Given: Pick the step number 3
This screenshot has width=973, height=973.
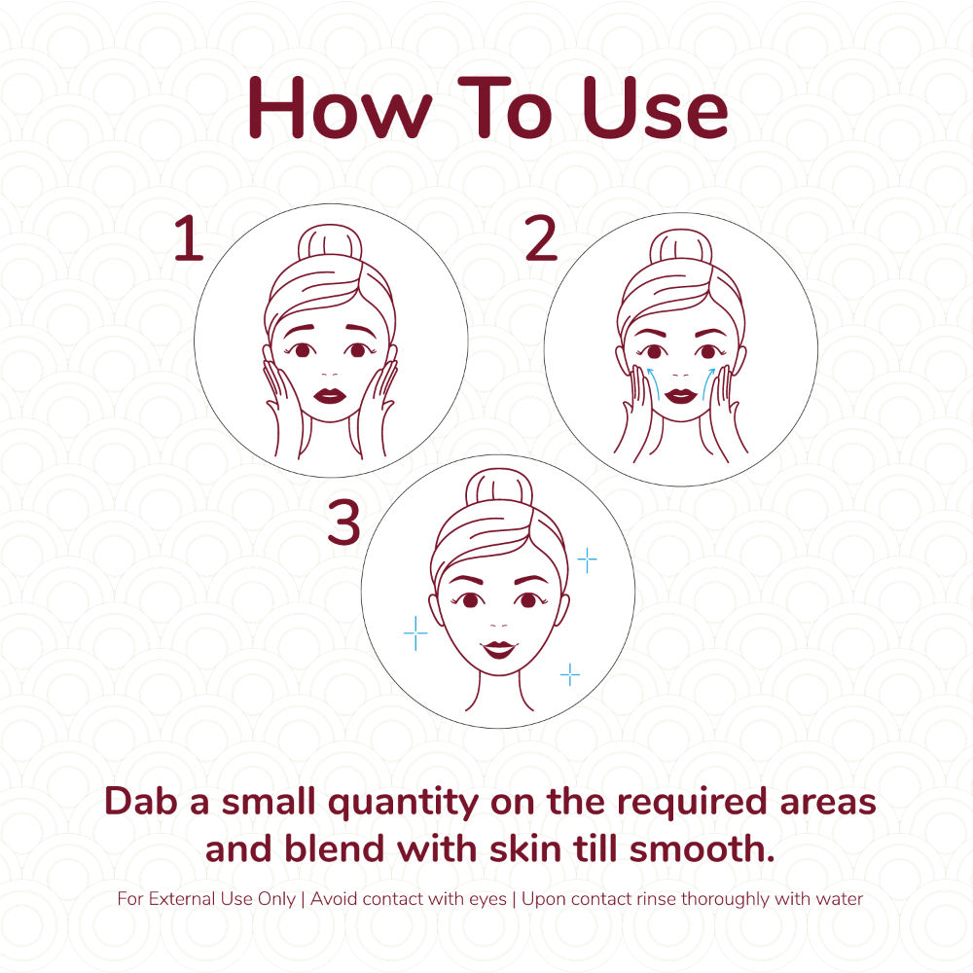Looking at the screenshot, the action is tap(343, 523).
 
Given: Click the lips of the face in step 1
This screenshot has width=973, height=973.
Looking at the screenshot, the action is tap(330, 395).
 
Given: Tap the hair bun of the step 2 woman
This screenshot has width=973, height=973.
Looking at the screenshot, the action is tap(681, 247).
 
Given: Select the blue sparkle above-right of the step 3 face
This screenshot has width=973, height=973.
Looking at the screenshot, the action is tap(587, 560).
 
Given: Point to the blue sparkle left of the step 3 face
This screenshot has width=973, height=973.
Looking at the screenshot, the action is tap(415, 633).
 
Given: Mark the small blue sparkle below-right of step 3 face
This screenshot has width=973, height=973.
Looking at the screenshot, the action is tap(569, 674).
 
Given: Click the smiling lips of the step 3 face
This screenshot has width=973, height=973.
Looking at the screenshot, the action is tap(499, 649).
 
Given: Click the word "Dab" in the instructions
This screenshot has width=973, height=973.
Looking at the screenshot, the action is tap(142, 801).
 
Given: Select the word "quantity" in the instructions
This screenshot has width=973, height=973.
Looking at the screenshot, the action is tap(404, 804).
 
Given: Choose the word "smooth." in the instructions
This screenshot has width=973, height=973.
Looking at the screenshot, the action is tap(703, 848).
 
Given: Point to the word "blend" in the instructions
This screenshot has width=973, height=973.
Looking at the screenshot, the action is tap(335, 848).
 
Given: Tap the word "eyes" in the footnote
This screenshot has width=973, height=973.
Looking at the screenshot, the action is tap(487, 900).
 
